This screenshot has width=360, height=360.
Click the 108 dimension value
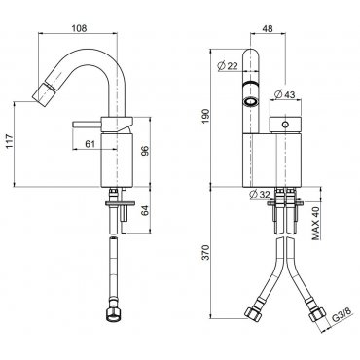(x=79, y=28)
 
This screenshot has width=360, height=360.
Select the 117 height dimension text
(x=10, y=141)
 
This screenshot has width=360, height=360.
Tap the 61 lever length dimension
(x=90, y=143)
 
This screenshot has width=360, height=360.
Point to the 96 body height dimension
(x=146, y=150)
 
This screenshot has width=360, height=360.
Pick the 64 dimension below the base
(x=146, y=210)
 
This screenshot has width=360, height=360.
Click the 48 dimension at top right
(x=268, y=28)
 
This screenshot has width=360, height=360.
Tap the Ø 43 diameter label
(x=284, y=94)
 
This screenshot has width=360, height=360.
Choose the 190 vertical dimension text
(x=206, y=116)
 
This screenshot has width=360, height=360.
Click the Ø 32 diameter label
(x=260, y=194)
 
